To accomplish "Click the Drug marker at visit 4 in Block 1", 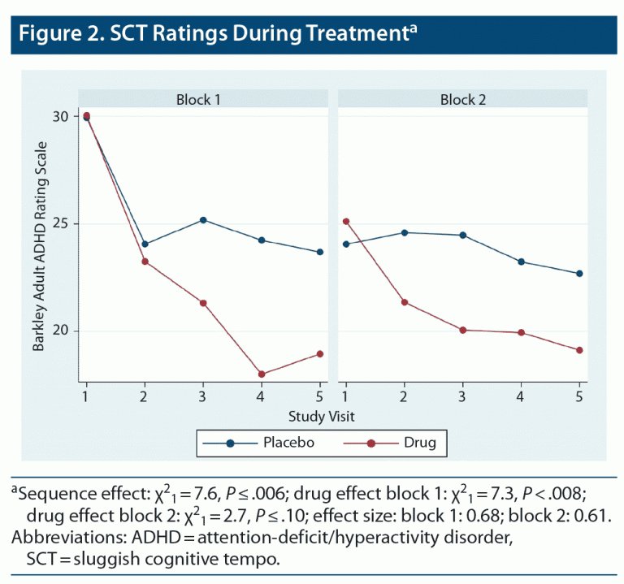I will [x=262, y=374].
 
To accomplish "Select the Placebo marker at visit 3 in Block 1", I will [x=203, y=220].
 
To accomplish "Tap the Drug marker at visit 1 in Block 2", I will [x=345, y=221].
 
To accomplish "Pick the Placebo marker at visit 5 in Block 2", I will [x=579, y=274].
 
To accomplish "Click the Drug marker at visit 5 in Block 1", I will [x=320, y=354].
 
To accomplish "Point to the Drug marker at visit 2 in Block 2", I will [x=404, y=302].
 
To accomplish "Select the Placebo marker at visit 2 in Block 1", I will [x=145, y=244].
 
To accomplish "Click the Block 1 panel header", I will [x=199, y=100].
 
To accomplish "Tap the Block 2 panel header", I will [x=462, y=100].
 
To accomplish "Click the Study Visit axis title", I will [x=321, y=416].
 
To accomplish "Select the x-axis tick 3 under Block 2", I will [x=462, y=396].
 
